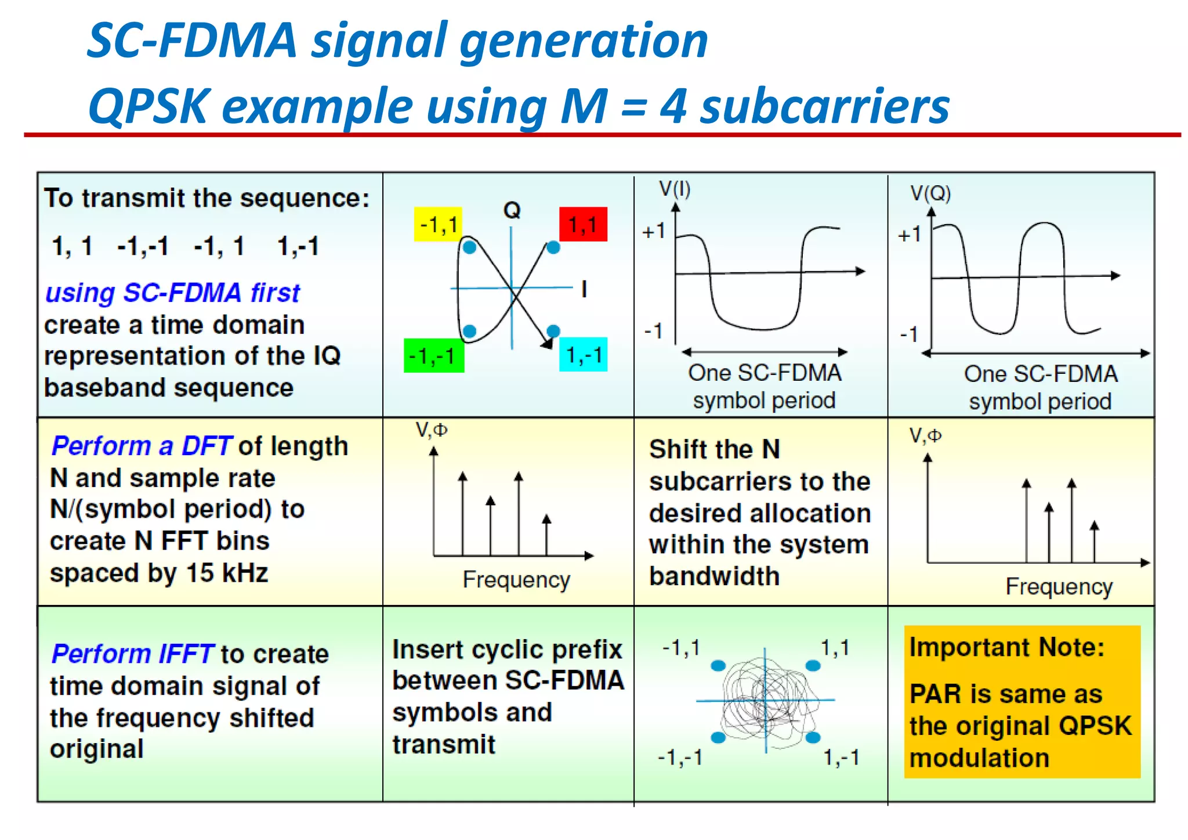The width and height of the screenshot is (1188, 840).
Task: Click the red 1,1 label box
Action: (582, 224)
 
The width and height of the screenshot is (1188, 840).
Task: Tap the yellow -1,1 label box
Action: (438, 224)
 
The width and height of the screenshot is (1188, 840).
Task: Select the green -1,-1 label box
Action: (433, 355)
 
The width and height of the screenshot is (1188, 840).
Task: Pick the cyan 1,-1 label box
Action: (584, 355)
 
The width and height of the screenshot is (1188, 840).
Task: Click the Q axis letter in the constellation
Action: (512, 210)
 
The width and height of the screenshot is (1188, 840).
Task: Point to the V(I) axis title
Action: (675, 189)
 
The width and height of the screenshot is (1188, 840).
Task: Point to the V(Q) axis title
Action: (930, 193)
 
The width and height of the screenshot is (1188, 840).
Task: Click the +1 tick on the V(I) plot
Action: (654, 232)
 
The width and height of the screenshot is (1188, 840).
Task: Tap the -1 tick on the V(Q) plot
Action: (909, 334)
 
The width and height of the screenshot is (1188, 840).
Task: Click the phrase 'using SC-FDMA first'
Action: (172, 293)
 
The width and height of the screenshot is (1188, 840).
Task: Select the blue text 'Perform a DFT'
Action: (142, 446)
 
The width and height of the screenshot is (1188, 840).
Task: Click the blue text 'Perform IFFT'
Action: (133, 654)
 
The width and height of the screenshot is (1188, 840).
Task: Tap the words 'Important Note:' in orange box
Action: (1006, 647)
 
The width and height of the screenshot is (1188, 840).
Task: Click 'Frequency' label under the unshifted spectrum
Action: (516, 579)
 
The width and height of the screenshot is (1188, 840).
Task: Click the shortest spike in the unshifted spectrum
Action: (546, 534)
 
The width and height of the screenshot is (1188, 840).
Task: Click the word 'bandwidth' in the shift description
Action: (714, 576)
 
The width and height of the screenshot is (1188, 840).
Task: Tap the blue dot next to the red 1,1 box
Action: (553, 248)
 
